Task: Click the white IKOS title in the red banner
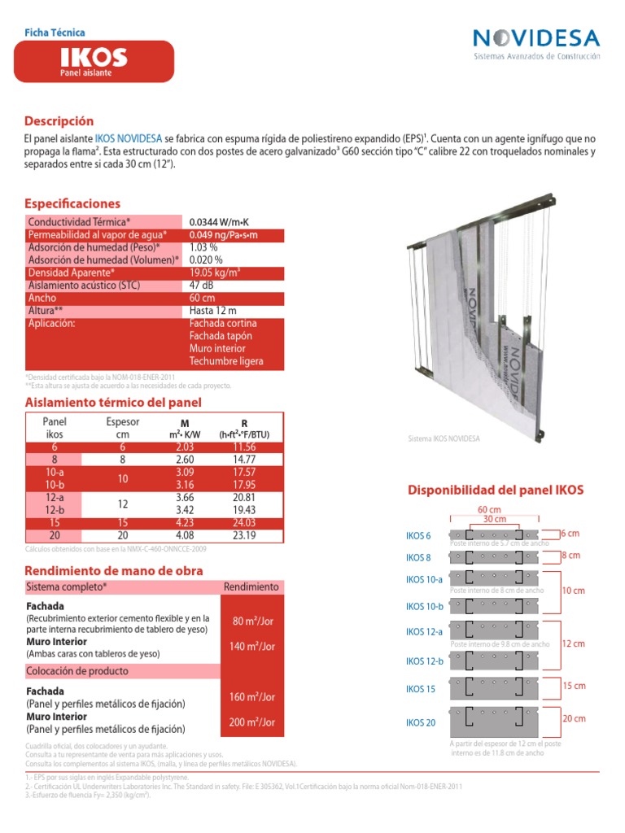click(93, 57)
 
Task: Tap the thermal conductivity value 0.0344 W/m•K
click(218, 221)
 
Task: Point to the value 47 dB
click(202, 286)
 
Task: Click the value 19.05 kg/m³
click(214, 273)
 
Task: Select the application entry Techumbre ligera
click(225, 361)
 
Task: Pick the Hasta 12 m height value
click(212, 311)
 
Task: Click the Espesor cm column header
click(123, 428)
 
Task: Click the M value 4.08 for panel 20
click(184, 536)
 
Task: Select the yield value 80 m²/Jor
click(253, 621)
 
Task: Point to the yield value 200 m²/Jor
click(253, 722)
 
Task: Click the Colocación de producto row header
click(77, 671)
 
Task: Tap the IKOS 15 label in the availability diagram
click(420, 689)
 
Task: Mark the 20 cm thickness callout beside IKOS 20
click(574, 719)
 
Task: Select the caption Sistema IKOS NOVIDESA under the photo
click(444, 438)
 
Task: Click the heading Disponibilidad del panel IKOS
click(495, 491)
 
